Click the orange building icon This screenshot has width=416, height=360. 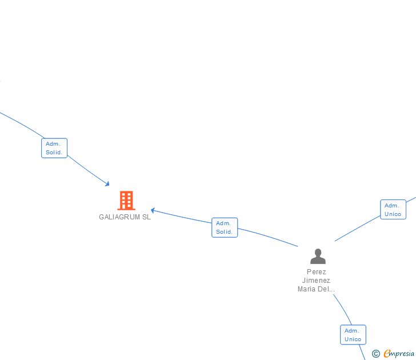pyautogui.click(x=126, y=201)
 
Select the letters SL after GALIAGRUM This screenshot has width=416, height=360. pyautogui.click(x=146, y=217)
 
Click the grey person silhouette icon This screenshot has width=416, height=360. pyautogui.click(x=318, y=256)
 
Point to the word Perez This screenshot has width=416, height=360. pyautogui.click(x=316, y=272)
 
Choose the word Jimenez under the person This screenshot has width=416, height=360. pyautogui.click(x=316, y=281)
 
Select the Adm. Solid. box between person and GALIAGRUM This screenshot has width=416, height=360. pyautogui.click(x=224, y=227)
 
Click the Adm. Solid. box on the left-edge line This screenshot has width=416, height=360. pyautogui.click(x=54, y=148)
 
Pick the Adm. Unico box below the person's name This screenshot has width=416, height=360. pyautogui.click(x=353, y=335)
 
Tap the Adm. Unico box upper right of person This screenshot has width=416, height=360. pyautogui.click(x=393, y=210)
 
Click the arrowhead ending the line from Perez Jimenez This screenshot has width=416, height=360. pyautogui.click(x=153, y=211)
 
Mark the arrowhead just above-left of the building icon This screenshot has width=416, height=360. pyautogui.click(x=107, y=183)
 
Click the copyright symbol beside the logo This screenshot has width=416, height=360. pyautogui.click(x=376, y=354)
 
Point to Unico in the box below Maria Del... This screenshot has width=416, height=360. pyautogui.click(x=353, y=339)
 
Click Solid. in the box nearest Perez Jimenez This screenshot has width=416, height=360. pyautogui.click(x=224, y=232)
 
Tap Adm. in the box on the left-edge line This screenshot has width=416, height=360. pyautogui.click(x=53, y=144)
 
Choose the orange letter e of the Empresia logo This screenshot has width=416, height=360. pyautogui.click(x=387, y=354)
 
